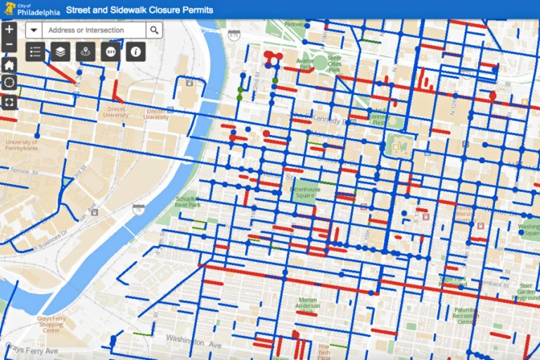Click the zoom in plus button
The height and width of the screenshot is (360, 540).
(9, 30)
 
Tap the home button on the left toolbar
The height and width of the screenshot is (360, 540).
(9, 65)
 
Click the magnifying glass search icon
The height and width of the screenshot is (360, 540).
(154, 30)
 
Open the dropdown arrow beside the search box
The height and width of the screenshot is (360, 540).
(34, 30)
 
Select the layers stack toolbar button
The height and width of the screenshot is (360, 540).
(61, 51)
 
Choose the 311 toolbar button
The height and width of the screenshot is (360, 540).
(110, 51)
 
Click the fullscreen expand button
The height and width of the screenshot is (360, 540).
(9, 102)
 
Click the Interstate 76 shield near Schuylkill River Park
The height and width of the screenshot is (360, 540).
(139, 209)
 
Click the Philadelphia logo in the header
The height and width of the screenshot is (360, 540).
(28, 10)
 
